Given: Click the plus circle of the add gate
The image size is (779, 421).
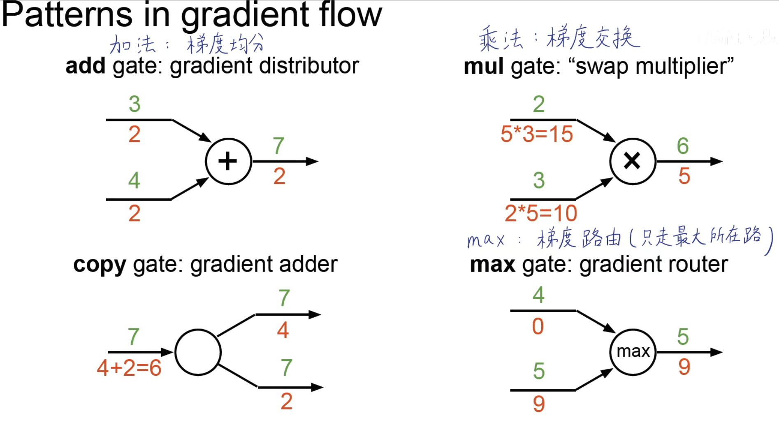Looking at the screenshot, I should point(228,161).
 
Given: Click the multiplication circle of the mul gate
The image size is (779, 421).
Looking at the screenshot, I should point(632,161).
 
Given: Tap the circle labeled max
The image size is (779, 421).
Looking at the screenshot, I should point(633,352).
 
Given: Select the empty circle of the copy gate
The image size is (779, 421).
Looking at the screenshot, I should point(198,352).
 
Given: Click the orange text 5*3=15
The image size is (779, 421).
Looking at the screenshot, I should point(536,134).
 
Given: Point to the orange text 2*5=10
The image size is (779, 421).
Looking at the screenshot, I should point(541,214).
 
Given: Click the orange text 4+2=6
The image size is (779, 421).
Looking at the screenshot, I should point(129,368).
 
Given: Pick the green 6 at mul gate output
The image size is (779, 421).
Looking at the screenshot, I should point(683,146).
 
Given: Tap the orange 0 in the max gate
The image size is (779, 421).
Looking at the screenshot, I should point(538,326).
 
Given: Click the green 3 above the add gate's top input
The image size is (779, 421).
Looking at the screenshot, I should point(134,104).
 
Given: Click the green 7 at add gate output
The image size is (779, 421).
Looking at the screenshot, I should point(278,146).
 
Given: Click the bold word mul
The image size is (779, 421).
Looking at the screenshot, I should point(483,66).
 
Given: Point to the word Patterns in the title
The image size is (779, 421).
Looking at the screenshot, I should point(67,15).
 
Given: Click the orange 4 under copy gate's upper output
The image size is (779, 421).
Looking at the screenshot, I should point(283,330).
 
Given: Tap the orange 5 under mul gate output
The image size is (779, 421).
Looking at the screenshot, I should point(684,176).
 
